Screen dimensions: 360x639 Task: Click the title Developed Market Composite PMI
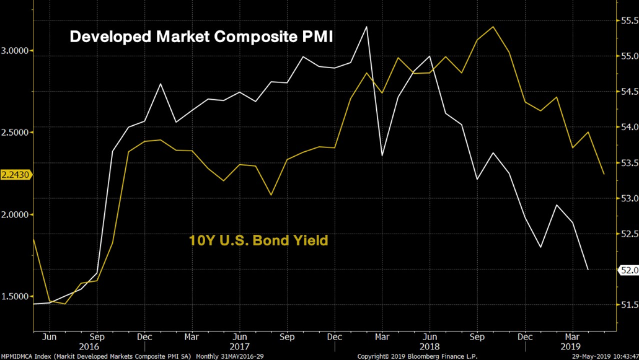(201, 37)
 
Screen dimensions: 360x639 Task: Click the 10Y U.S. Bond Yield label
(258, 240)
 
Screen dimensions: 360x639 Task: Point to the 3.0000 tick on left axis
(16, 51)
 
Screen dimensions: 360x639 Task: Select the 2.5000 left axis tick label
(16, 133)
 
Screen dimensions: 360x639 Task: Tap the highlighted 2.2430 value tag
(16, 175)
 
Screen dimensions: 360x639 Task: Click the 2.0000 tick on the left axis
(16, 214)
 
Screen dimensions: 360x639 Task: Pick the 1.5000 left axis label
(16, 296)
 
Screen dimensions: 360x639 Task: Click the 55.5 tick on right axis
(628, 20)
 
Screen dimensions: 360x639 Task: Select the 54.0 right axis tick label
(628, 127)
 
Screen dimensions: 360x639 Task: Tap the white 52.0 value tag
(628, 270)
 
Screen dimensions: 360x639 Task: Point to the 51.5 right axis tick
(628, 305)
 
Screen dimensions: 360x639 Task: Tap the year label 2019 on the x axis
(571, 347)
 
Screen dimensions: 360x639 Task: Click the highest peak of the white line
(367, 27)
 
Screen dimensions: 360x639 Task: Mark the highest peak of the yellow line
(493, 27)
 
